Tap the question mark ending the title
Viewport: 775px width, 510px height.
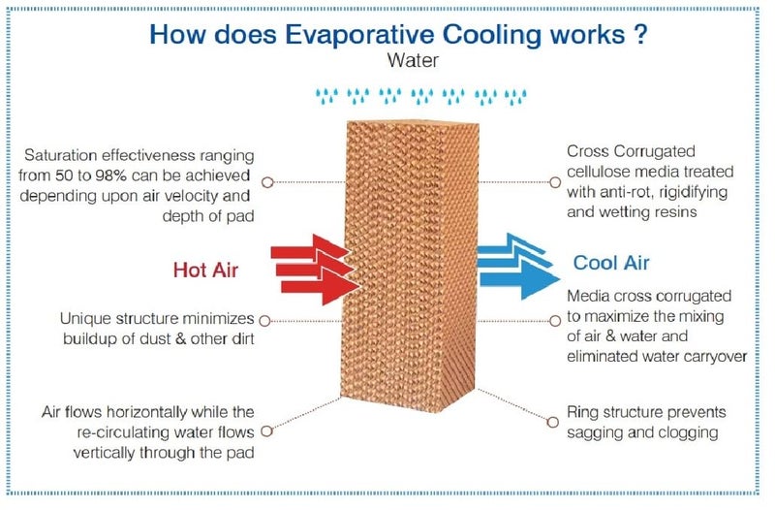[639, 34]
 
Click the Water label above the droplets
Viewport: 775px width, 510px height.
[413, 60]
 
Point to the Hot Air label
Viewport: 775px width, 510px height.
[205, 271]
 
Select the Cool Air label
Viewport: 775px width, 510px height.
[611, 263]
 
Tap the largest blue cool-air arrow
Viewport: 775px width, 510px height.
[519, 279]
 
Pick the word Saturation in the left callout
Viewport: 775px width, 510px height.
[61, 155]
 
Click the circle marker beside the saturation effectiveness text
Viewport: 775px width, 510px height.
[267, 182]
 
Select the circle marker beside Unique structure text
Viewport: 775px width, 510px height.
[264, 321]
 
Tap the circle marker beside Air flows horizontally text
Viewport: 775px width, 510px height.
[267, 430]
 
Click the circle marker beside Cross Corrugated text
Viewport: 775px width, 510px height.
[555, 182]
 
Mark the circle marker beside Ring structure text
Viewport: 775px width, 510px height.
[552, 422]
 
